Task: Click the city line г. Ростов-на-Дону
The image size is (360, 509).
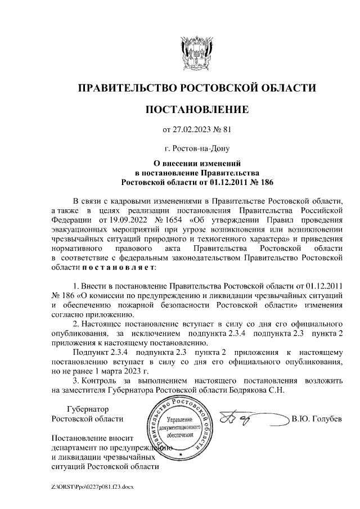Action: coord(197,150)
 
